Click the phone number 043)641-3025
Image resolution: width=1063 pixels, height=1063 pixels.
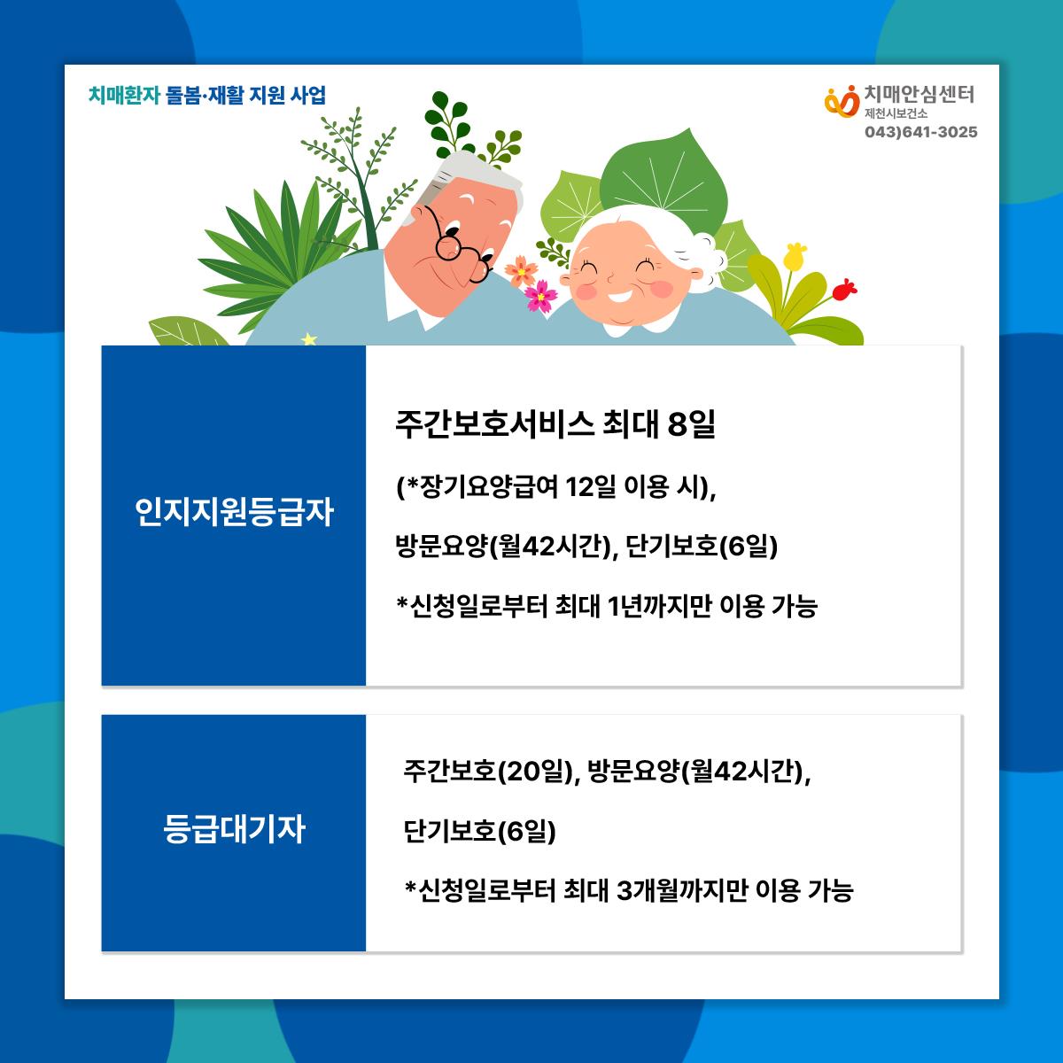tap(920, 132)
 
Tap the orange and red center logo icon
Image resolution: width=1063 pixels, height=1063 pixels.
tap(842, 101)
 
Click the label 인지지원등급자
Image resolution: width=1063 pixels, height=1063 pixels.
tap(234, 512)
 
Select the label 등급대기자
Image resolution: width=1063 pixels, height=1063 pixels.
tap(234, 828)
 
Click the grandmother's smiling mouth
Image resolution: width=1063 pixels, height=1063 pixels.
tap(621, 296)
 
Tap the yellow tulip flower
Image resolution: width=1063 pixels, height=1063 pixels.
tap(795, 255)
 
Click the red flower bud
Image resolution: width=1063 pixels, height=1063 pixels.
tap(844, 289)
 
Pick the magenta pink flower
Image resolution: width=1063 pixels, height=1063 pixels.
tap(540, 296)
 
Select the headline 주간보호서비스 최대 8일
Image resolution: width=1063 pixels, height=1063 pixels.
tap(555, 425)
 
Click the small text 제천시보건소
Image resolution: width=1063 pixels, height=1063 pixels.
tap(896, 113)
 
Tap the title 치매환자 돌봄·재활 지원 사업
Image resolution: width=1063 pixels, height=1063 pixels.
tap(207, 95)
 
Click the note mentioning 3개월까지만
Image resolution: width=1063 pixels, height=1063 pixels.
tap(629, 889)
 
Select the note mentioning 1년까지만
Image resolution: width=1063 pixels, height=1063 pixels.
tap(607, 606)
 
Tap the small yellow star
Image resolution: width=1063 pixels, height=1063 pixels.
tap(309, 338)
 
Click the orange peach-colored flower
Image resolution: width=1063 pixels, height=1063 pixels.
tap(521, 270)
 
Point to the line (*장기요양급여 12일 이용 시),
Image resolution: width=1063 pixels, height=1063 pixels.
tap(556, 487)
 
